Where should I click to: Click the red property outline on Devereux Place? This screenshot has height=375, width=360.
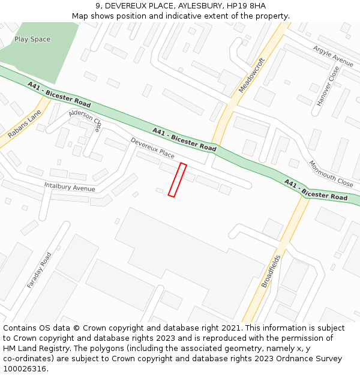tap(177, 180)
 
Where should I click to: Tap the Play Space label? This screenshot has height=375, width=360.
tap(32, 40)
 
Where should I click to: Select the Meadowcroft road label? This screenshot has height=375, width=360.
tap(251, 75)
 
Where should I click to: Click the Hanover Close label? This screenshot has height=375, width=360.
tap(328, 86)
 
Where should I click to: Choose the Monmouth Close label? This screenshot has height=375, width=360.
tap(331, 173)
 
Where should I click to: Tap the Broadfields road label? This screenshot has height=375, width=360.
tap(271, 271)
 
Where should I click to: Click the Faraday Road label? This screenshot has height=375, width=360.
tap(40, 270)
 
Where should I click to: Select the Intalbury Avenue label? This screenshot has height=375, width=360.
tap(70, 187)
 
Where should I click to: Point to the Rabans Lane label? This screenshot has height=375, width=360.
tap(25, 124)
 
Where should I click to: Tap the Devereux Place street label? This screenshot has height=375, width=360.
tap(152, 148)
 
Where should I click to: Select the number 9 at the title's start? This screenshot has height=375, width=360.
tap(98, 5)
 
